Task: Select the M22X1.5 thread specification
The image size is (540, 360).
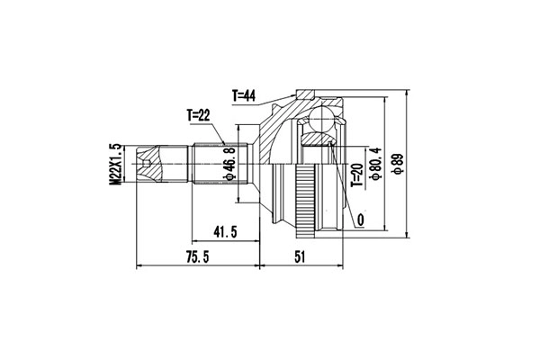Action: tap(115, 165)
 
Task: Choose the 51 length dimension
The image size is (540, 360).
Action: tap(301, 257)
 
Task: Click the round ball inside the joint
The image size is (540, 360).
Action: tap(319, 120)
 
